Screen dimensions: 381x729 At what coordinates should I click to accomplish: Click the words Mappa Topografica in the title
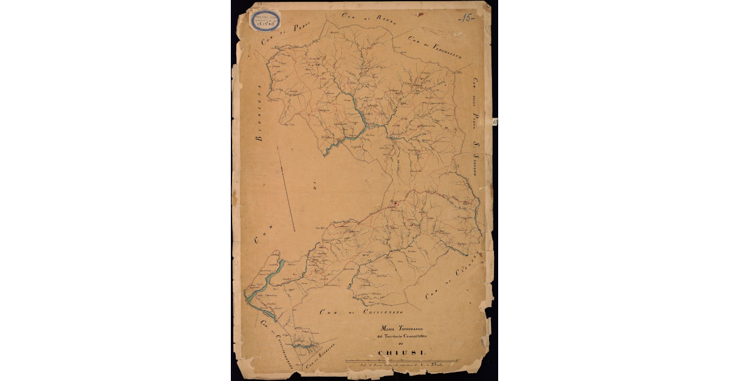click(396, 328)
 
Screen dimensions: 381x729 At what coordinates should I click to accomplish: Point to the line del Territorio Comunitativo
click(395, 336)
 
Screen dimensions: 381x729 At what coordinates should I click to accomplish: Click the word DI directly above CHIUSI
click(395, 344)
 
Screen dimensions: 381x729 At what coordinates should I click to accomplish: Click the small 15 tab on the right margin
click(495, 122)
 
